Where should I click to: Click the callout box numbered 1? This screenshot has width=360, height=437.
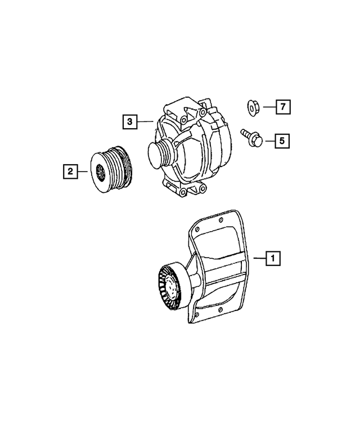click(273, 259)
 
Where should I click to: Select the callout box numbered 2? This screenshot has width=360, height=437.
click(69, 171)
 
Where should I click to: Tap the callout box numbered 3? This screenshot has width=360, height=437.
click(130, 121)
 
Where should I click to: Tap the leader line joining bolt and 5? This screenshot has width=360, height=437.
click(268, 140)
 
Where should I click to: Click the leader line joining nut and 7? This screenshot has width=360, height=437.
click(268, 106)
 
